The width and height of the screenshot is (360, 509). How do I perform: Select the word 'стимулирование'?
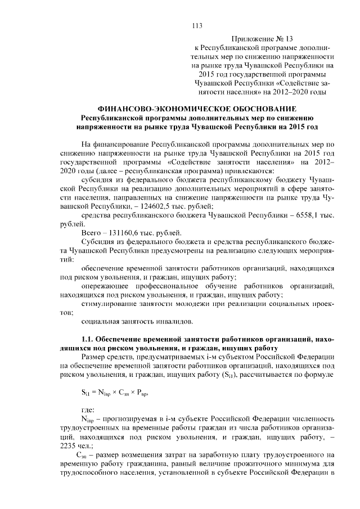point(107,304)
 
